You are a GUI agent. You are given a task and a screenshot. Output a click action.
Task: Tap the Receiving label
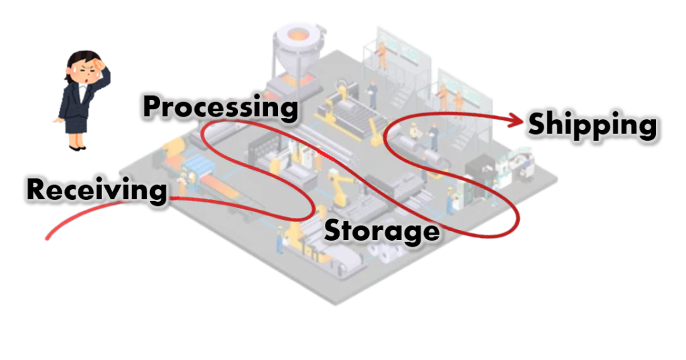pyautogui.click(x=96, y=191)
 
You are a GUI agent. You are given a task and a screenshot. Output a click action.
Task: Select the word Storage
pyautogui.click(x=381, y=231)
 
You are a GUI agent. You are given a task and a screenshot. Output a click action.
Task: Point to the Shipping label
pyautogui.click(x=592, y=125)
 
